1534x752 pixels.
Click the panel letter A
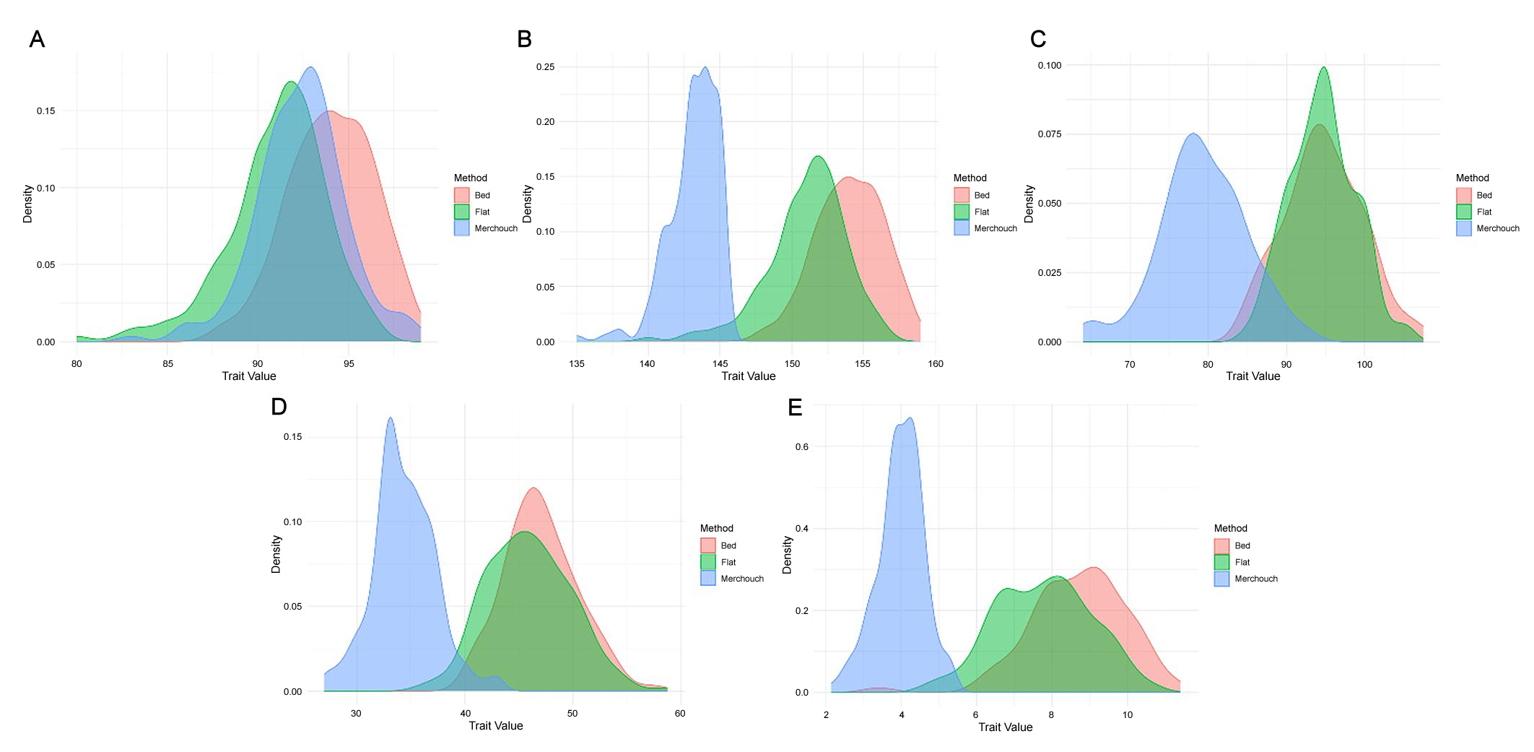pyautogui.click(x=37, y=39)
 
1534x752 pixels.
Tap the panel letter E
pyautogui.click(x=795, y=407)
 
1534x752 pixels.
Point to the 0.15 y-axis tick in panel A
pyautogui.click(x=45, y=111)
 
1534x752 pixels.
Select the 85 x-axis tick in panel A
pyautogui.click(x=167, y=363)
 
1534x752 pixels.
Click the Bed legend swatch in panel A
pyautogui.click(x=461, y=195)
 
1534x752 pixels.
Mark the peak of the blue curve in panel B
pyautogui.click(x=705, y=68)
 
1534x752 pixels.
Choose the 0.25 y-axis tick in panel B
pyautogui.click(x=545, y=66)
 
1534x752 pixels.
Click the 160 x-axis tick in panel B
pyautogui.click(x=936, y=363)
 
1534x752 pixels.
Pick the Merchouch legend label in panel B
pyautogui.click(x=995, y=228)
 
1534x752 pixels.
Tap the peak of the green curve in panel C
pyautogui.click(x=1323, y=68)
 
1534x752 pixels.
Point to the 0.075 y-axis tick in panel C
pyautogui.click(x=1050, y=134)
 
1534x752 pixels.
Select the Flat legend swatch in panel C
pyautogui.click(x=1463, y=212)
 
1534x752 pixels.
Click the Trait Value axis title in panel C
pyautogui.click(x=1252, y=376)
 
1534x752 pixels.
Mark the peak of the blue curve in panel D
pyautogui.click(x=391, y=418)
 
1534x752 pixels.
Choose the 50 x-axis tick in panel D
pyautogui.click(x=572, y=713)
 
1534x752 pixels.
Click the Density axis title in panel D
pyautogui.click(x=276, y=554)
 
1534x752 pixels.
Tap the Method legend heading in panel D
pyautogui.click(x=716, y=528)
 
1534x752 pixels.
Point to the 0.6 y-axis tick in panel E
pyautogui.click(x=801, y=446)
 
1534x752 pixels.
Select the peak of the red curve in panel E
pyautogui.click(x=1094, y=568)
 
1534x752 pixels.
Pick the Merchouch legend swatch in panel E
pyautogui.click(x=1221, y=579)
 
